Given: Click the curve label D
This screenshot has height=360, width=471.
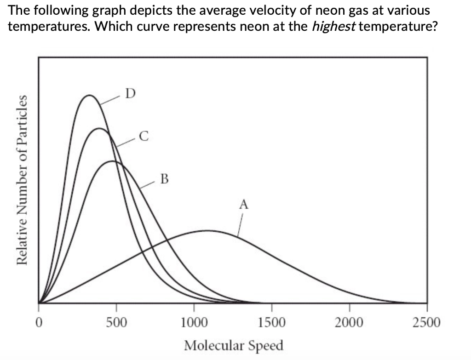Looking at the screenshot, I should click(130, 94).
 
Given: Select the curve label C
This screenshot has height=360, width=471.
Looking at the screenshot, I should click(144, 136).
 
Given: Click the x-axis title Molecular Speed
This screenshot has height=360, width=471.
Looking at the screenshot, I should click(234, 345).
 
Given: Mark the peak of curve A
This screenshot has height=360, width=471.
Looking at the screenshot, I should click(208, 230).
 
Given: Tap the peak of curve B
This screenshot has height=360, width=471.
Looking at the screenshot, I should click(113, 161).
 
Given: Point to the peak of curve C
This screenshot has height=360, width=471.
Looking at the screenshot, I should click(98, 128).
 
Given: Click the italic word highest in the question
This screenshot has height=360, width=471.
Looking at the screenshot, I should click(333, 26).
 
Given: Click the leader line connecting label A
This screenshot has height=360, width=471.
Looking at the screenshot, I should click(240, 224).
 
